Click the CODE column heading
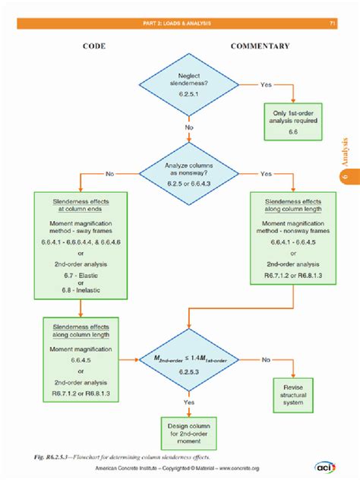tap(95, 47)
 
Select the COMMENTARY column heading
tap(260, 47)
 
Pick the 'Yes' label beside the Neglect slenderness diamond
tap(265, 85)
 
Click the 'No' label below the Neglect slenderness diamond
tap(188, 128)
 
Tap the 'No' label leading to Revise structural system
tap(265, 358)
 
